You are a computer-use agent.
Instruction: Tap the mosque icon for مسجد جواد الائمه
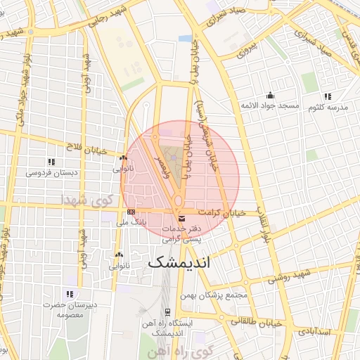tap(271, 96)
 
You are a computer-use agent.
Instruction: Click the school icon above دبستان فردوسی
tap(51, 162)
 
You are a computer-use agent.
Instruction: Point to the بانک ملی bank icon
tap(131, 212)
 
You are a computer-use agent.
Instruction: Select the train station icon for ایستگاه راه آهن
tap(167, 311)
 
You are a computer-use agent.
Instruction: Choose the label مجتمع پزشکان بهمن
tap(214, 295)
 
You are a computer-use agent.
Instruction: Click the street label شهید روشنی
tap(284, 275)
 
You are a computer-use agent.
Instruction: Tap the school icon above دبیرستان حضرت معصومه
tap(69, 293)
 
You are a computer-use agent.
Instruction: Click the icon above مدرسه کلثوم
tap(328, 96)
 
